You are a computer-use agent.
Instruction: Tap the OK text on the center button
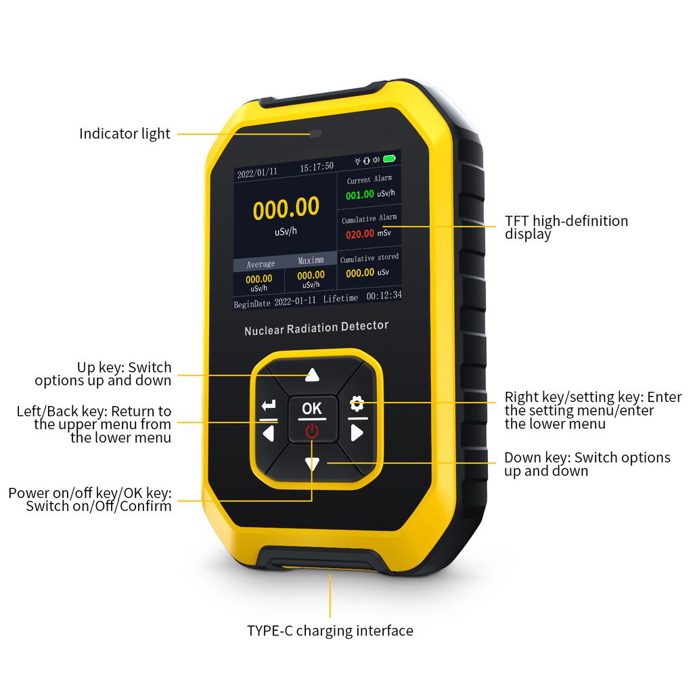pyautogui.click(x=311, y=408)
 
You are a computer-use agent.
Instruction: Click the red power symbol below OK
pyautogui.click(x=312, y=431)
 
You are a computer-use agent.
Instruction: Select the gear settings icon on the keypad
pyautogui.click(x=357, y=403)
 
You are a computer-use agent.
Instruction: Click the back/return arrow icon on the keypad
pyautogui.click(x=268, y=405)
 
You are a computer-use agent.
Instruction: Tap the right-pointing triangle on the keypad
pyautogui.click(x=357, y=432)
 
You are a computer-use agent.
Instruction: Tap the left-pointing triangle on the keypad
pyautogui.click(x=268, y=434)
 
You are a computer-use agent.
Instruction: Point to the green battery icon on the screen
pyautogui.click(x=389, y=158)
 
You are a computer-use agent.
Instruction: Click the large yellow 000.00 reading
pyautogui.click(x=286, y=208)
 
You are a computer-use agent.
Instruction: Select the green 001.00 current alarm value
pyautogui.click(x=360, y=194)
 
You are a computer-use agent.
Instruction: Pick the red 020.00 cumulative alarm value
pyautogui.click(x=360, y=233)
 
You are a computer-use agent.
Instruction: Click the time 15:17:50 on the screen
pyautogui.click(x=317, y=166)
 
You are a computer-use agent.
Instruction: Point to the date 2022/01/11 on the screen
pyautogui.click(x=257, y=173)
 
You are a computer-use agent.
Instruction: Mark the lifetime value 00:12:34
pyautogui.click(x=384, y=295)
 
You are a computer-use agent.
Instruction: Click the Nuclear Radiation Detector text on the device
pyautogui.click(x=317, y=328)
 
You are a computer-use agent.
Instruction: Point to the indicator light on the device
pyautogui.click(x=315, y=133)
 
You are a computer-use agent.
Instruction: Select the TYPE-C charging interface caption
pyautogui.click(x=330, y=631)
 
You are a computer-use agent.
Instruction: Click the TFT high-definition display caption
pyautogui.click(x=566, y=227)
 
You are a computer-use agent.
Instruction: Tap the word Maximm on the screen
pyautogui.click(x=311, y=261)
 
